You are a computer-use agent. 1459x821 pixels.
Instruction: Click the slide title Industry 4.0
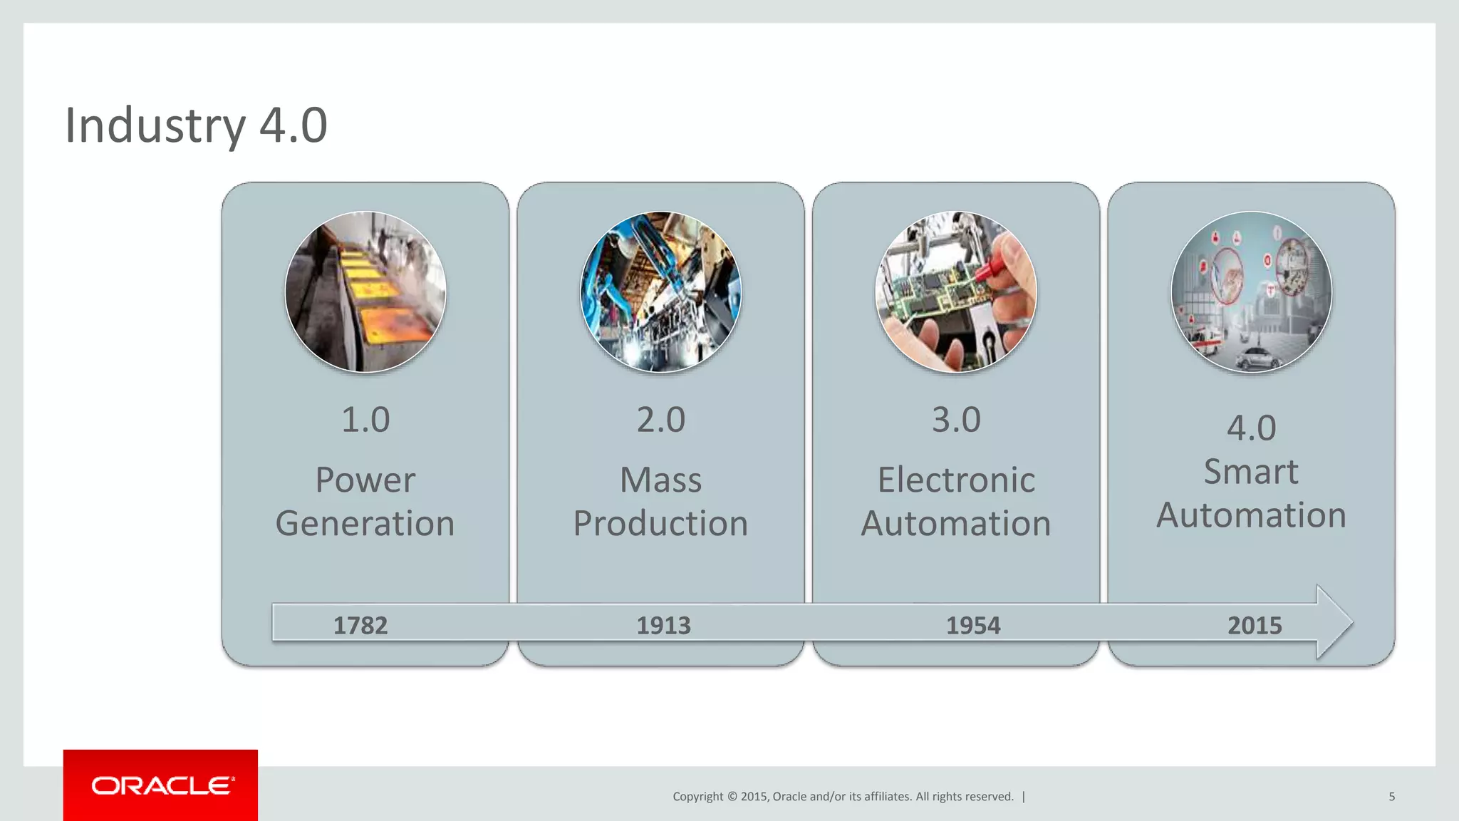[196, 125]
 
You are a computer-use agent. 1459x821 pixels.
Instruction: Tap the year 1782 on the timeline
[360, 626]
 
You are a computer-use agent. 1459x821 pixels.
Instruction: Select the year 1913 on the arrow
[663, 626]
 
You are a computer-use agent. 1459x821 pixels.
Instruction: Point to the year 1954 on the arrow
[973, 626]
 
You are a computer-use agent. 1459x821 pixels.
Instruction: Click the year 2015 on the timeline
[1255, 626]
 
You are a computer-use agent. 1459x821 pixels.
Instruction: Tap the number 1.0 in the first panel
[365, 420]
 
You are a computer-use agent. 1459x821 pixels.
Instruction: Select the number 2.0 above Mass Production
[661, 420]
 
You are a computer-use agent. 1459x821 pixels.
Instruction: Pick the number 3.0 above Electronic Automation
[956, 420]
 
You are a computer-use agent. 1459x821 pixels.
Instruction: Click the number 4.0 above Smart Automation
[1252, 428]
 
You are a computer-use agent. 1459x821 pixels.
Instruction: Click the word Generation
[365, 524]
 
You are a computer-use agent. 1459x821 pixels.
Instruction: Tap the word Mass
[661, 480]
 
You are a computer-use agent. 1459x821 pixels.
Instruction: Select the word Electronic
[956, 480]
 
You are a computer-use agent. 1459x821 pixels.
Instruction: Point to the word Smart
[1251, 472]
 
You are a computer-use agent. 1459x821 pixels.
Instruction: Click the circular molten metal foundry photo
[365, 292]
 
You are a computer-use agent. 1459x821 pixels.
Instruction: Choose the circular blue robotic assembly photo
[661, 292]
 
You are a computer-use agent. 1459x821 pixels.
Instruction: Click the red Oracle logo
[161, 785]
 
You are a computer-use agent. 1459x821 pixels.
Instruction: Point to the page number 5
[1391, 797]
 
